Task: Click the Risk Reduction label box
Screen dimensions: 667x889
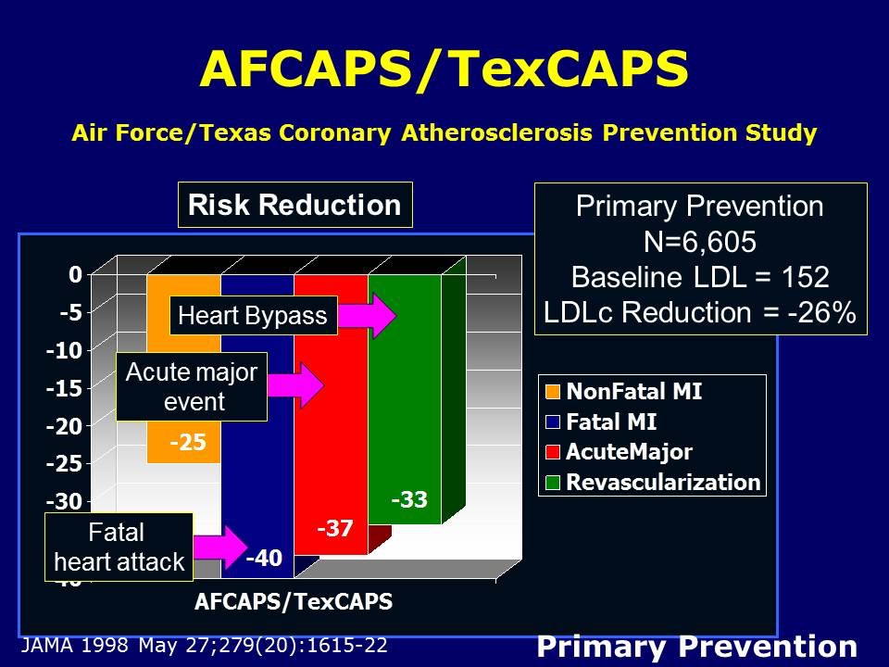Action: (x=294, y=205)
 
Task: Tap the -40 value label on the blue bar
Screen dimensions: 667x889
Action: (x=263, y=558)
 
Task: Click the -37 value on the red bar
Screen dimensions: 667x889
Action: (x=334, y=529)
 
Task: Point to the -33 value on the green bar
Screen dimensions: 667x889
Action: (x=408, y=500)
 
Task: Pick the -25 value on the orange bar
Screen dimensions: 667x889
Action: (x=187, y=444)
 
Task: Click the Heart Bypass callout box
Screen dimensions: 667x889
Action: (x=252, y=316)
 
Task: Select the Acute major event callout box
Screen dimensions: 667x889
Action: (x=192, y=386)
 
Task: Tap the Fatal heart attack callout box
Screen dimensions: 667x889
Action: (x=119, y=547)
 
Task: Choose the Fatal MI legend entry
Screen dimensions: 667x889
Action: (x=611, y=422)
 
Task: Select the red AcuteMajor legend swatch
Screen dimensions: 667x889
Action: (x=553, y=452)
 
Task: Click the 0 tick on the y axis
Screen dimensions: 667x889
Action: (x=74, y=274)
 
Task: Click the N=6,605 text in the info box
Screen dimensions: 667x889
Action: (x=700, y=242)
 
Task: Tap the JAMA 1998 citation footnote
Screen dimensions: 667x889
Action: (x=203, y=645)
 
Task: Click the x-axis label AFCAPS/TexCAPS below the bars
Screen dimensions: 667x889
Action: (x=294, y=601)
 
